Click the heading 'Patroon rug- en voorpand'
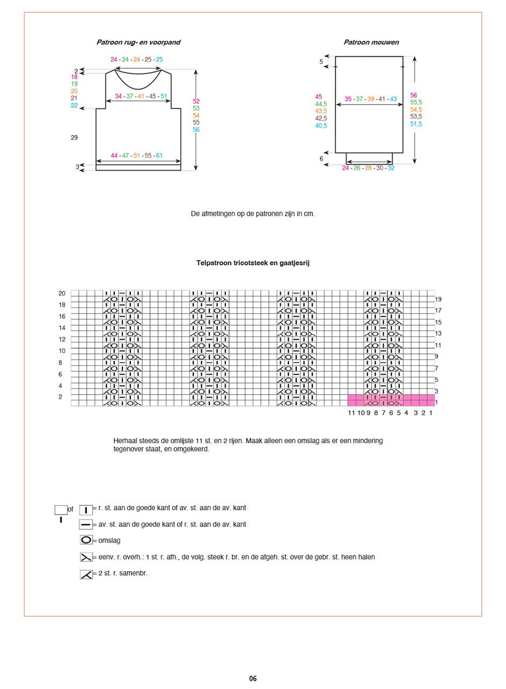138,42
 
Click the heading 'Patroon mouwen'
371,42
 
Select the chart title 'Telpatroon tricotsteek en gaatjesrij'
253,263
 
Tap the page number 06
253,679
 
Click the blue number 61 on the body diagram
159,156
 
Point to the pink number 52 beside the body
196,101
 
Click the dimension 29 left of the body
74,138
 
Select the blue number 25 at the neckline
159,60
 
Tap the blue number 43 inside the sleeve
393,99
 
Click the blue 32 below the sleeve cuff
391,168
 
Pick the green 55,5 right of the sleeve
416,102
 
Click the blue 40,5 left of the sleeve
321,126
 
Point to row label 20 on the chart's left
62,294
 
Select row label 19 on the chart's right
438,299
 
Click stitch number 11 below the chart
351,413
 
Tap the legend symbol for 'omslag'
86,540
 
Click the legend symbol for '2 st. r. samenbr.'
86,574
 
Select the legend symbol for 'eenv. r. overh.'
86,558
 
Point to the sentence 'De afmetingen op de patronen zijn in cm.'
253,214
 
